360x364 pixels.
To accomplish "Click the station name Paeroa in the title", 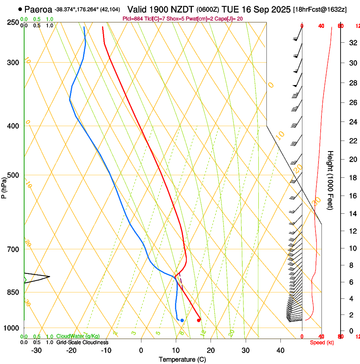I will (38, 9).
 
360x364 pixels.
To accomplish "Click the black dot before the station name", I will (20, 9).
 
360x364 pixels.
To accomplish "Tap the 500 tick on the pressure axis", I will (13, 175).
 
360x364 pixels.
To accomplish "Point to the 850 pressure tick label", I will (13, 292).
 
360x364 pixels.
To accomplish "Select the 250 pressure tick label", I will (13, 22).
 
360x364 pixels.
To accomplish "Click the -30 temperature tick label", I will (36, 350).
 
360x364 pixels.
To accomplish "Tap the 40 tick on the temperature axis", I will (280, 350).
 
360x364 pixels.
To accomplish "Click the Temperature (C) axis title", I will (182, 359).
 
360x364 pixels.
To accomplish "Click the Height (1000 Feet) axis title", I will (331, 180).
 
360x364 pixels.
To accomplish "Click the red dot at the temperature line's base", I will (199, 320).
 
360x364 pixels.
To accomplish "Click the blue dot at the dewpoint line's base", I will (182, 320).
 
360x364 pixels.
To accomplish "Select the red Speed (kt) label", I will (322, 342).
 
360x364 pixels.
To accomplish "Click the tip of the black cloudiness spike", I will (50, 277).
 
